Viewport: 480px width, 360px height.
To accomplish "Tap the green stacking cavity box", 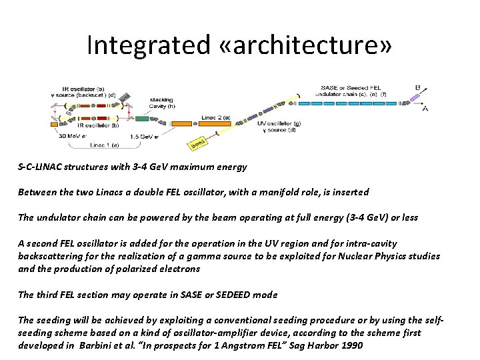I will [142, 119].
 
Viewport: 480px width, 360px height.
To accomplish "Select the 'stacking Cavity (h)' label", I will [161, 101].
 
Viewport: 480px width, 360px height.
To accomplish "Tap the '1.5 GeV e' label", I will [143, 137].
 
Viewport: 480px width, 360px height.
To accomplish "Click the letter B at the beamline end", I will [417, 87].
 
